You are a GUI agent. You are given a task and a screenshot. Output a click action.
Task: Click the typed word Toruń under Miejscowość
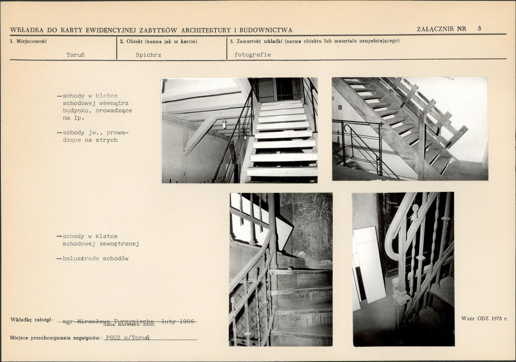(x=75, y=55)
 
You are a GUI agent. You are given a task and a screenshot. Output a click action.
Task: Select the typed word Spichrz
(x=149, y=55)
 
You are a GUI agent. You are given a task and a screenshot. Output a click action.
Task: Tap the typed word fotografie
(x=253, y=55)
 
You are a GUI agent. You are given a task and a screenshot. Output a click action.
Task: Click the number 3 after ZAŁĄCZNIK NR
(x=479, y=28)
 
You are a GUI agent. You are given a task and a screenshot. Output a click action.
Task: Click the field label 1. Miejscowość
(x=28, y=41)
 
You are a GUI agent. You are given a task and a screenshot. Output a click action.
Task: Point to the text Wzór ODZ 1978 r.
(x=485, y=319)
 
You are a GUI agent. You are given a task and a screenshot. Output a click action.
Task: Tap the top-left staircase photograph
(x=239, y=130)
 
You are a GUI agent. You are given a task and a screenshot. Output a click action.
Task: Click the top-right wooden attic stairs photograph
(x=410, y=129)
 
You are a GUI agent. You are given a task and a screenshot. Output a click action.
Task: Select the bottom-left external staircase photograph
(x=281, y=269)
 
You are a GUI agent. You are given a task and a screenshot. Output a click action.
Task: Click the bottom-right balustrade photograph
(x=403, y=269)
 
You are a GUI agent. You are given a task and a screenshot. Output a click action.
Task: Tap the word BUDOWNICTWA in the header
(x=266, y=30)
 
